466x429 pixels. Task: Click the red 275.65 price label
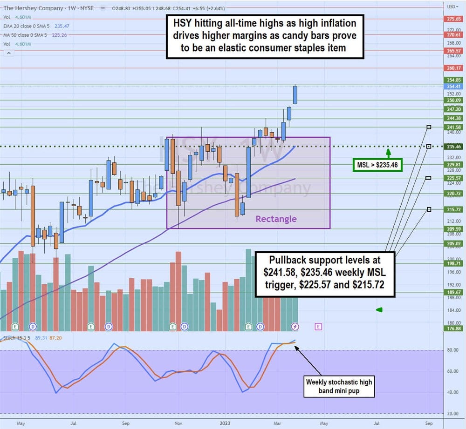453,19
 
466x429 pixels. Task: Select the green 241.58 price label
453,127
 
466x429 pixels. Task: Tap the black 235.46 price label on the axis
453,147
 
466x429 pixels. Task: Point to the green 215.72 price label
453,209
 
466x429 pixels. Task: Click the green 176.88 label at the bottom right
453,328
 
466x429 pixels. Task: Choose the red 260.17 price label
453,68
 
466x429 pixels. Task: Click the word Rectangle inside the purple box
275,219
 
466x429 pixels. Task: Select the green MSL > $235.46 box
377,164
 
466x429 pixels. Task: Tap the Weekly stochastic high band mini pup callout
339,386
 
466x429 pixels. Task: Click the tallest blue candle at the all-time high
295,95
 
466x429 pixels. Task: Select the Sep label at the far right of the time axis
429,424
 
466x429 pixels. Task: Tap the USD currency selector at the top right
452,7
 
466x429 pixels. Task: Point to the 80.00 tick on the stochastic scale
450,350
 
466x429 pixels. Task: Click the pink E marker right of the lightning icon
318,327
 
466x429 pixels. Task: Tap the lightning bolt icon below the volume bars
295,327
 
